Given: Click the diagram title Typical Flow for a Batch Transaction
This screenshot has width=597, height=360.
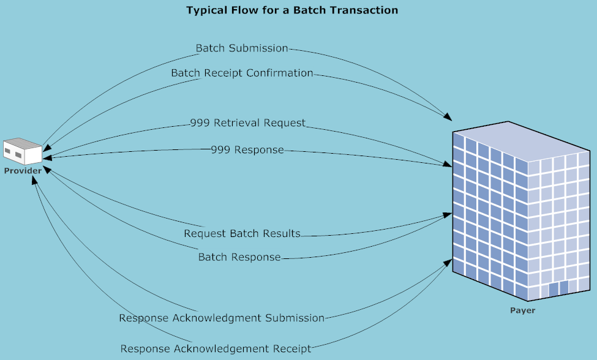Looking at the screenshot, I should tap(292, 10).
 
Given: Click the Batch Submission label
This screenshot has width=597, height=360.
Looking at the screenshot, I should tap(242, 48).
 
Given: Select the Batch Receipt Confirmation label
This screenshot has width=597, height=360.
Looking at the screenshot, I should tap(242, 73).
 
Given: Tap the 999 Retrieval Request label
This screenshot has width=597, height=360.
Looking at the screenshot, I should tap(247, 123).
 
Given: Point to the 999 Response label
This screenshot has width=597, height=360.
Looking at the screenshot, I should tap(247, 149).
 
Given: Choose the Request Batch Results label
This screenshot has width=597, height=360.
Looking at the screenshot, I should tap(242, 234).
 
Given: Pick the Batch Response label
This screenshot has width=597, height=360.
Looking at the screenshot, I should tap(239, 257).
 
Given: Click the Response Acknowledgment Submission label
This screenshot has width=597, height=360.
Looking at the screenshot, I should tap(222, 318).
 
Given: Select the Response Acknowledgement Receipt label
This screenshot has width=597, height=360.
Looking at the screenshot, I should tap(216, 348).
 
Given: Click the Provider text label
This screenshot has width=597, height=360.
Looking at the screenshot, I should tap(23, 171).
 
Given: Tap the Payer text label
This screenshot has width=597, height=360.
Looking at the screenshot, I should tap(522, 310).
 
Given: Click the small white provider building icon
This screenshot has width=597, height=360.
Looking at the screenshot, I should tap(23, 151).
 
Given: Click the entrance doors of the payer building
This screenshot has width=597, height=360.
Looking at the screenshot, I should tap(558, 288).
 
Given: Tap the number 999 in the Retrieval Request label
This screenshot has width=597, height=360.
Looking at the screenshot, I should tap(200, 123).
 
